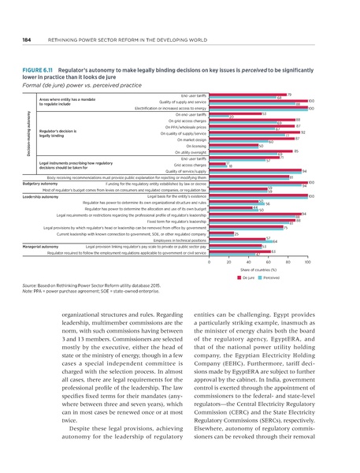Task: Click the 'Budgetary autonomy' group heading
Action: coord(38,182)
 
